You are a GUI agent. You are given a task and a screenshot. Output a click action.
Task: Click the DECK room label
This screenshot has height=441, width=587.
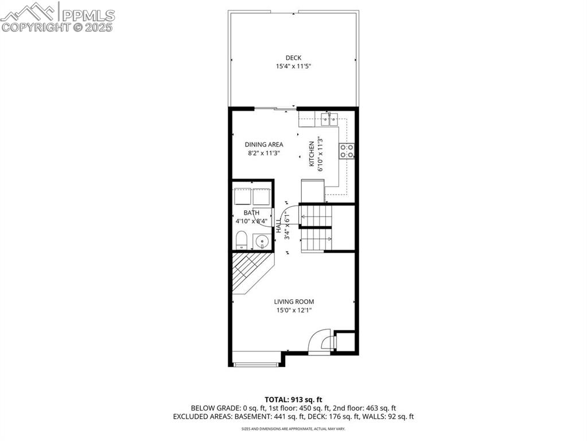[x=293, y=57]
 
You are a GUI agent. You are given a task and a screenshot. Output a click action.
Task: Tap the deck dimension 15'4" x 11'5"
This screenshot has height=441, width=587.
[x=293, y=67]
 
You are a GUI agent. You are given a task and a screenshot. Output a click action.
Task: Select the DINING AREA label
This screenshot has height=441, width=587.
[x=264, y=145]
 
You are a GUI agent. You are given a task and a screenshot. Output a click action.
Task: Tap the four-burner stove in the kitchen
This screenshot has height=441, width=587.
[x=347, y=150]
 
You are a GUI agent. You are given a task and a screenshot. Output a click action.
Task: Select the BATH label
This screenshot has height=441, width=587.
[x=251, y=213]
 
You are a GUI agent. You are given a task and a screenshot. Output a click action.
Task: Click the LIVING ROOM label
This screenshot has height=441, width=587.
[x=294, y=301]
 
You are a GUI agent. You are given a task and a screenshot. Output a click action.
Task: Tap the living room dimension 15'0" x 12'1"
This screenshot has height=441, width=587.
[x=294, y=311]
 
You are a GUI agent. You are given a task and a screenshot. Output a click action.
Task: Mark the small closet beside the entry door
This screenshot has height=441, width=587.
[x=344, y=342]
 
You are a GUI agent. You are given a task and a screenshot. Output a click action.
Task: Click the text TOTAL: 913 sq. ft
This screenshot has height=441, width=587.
[x=293, y=400]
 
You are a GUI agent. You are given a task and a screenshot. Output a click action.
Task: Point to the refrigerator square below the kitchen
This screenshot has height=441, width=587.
[x=313, y=191]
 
